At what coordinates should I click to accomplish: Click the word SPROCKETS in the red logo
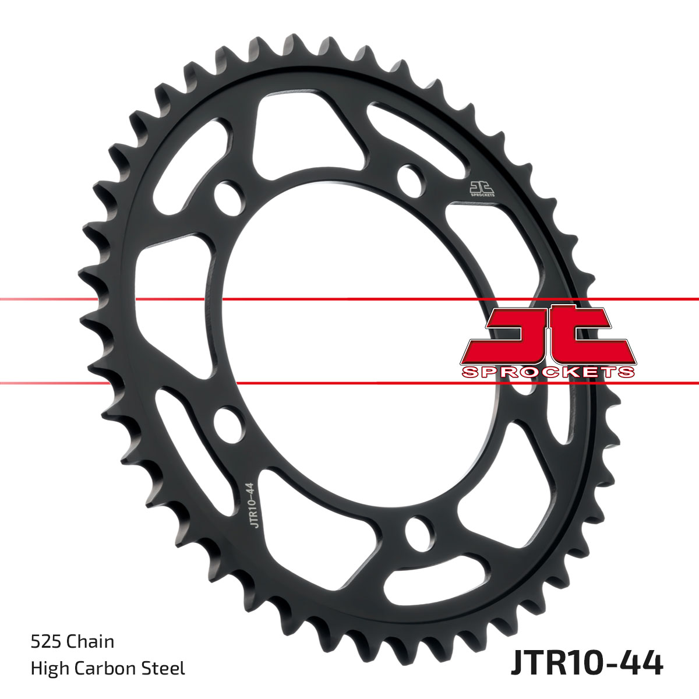(x=548, y=372)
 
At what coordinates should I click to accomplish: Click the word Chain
(x=90, y=641)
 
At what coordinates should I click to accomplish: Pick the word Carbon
(x=107, y=668)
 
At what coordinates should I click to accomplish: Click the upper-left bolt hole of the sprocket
(x=228, y=197)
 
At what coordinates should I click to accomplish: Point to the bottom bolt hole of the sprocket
(x=418, y=531)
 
